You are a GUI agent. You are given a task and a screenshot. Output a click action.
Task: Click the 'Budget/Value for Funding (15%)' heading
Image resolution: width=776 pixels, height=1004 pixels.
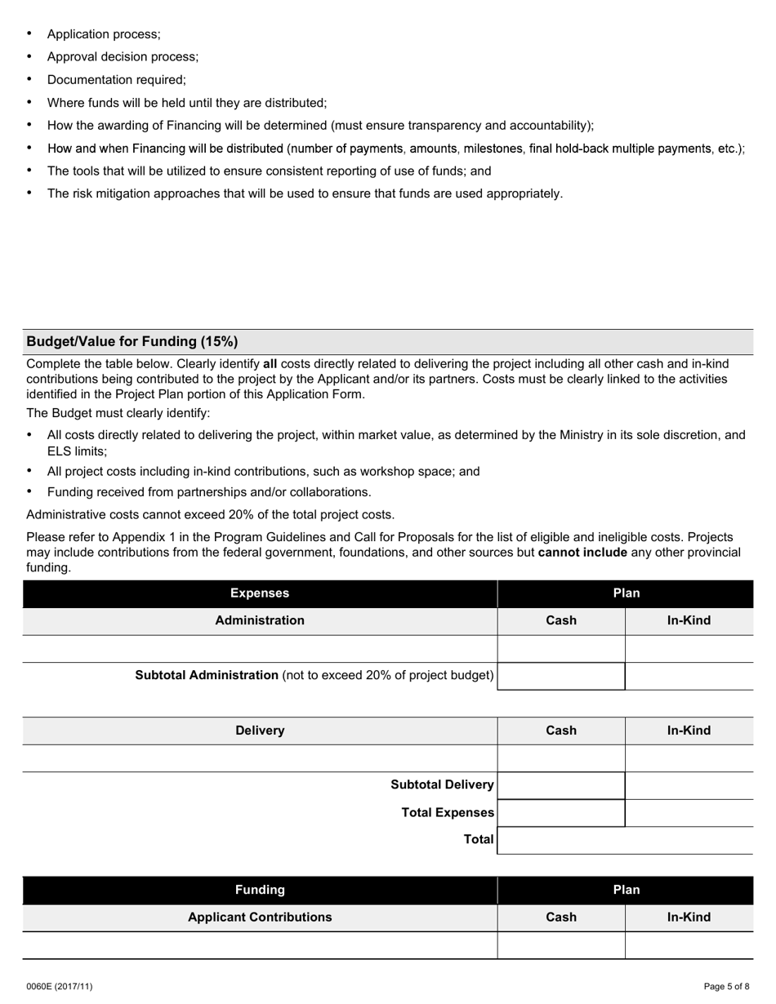(132, 341)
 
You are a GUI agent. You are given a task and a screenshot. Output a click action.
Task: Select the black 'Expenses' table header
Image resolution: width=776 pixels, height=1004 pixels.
(260, 593)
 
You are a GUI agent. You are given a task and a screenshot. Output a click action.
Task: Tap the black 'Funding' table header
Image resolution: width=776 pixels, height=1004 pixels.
(260, 890)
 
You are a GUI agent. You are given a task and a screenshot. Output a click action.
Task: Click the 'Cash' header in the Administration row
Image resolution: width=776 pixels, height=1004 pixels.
(561, 620)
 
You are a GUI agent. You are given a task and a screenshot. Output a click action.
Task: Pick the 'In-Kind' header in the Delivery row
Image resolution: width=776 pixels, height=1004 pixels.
(689, 731)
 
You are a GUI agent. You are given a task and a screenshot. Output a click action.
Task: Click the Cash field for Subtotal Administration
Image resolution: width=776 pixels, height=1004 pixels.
(561, 676)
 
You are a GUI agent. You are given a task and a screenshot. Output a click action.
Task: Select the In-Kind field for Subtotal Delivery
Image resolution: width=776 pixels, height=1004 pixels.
(689, 785)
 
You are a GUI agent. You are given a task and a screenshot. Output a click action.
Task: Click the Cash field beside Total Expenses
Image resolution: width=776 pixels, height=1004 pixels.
(561, 813)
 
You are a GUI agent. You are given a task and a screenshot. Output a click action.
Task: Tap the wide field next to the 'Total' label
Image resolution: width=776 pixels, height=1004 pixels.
(625, 840)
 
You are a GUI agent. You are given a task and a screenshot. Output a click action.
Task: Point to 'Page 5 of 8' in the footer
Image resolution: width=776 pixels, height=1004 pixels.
(726, 986)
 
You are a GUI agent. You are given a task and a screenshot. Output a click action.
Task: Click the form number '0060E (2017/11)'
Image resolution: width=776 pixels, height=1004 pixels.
(59, 986)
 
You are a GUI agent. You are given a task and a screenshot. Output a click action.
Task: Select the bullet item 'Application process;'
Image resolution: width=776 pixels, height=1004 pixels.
(104, 34)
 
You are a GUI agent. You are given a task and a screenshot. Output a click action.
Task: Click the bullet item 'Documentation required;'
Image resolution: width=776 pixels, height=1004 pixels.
(117, 80)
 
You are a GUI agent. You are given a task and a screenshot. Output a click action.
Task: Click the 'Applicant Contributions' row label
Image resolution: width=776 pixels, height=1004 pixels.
(260, 917)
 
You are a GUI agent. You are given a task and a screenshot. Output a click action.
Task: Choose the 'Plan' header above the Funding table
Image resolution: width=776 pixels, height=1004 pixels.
(626, 890)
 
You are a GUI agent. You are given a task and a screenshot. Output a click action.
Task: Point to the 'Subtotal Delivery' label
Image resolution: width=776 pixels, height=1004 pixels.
(442, 785)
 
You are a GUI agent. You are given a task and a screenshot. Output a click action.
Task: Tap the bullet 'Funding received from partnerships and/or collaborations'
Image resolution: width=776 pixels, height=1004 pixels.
(209, 492)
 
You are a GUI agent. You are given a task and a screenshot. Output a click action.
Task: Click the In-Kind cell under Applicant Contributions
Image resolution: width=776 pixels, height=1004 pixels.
(689, 944)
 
